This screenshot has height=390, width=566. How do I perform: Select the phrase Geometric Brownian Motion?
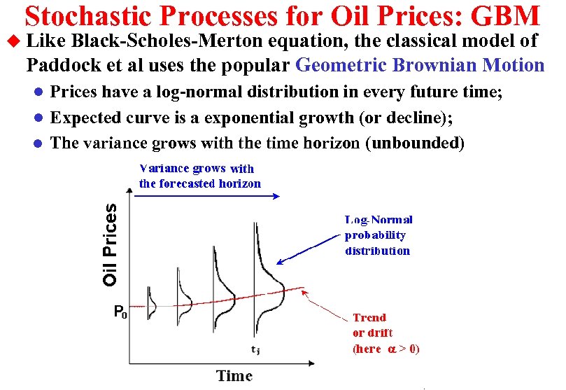(420, 66)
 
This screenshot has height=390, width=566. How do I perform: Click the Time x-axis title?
(234, 376)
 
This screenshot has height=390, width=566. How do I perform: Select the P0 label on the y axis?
(120, 312)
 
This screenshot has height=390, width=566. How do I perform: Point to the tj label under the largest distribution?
(256, 349)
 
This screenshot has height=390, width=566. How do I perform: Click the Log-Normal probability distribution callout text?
(378, 235)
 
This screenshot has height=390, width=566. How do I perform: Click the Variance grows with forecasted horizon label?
(199, 176)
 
